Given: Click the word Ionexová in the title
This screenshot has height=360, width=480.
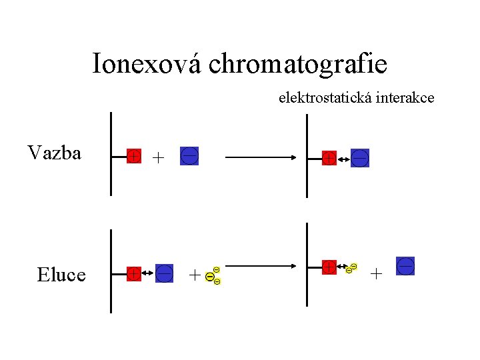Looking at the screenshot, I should point(147,63).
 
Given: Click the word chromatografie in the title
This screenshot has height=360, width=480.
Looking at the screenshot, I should point(297,64).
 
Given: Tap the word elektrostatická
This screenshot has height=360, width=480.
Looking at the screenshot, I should point(326,98).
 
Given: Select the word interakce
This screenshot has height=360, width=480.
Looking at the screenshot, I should point(405,98).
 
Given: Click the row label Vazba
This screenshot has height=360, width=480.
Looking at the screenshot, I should point(55,153).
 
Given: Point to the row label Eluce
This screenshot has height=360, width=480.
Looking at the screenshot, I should point(61,274).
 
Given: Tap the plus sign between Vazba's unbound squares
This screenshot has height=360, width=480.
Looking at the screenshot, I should point(157,158).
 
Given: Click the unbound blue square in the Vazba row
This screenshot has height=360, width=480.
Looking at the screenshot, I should point(189,157).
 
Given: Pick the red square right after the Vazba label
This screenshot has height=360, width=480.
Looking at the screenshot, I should point(134,157).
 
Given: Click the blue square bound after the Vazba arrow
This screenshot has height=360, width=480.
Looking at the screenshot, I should point(360,158).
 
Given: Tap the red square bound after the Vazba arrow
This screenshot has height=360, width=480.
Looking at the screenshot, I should point(329,159).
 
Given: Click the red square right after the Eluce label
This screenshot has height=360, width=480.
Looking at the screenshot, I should point(134,273).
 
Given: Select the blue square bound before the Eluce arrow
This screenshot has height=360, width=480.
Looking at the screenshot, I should point(165,273).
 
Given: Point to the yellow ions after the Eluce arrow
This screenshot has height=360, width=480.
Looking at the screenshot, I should point(351,269).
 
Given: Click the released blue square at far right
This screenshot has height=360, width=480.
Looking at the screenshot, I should point(405,266).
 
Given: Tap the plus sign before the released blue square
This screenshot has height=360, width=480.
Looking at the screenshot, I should point(377,273).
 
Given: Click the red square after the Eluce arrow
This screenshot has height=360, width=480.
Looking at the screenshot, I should point(329,267).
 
